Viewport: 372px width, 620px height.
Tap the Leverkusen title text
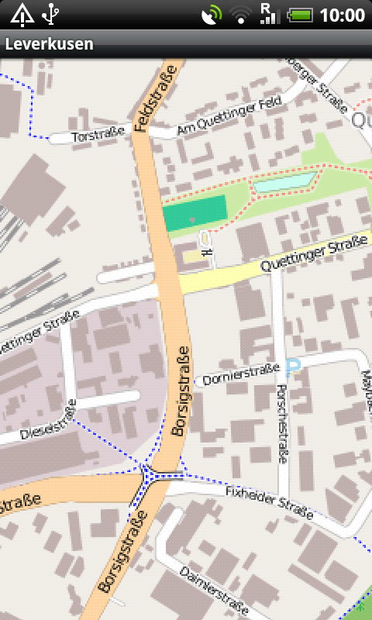pyautogui.click(x=49, y=44)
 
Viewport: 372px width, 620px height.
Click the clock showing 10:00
pyautogui.click(x=342, y=14)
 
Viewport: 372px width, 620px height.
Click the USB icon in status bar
pyautogui.click(x=51, y=13)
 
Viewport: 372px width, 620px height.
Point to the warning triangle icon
pyautogui.click(x=21, y=13)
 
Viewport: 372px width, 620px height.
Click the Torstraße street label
pyautogui.click(x=93, y=136)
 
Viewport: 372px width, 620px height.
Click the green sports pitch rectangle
pyautogui.click(x=195, y=212)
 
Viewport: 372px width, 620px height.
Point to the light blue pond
pyautogui.click(x=284, y=183)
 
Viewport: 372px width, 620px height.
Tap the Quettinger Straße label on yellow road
pyautogui.click(x=313, y=254)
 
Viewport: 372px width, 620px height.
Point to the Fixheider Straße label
pyautogui.click(x=269, y=503)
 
